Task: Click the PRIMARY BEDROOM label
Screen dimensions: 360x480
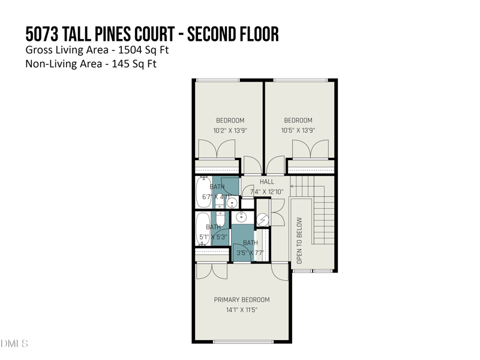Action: click(242, 300)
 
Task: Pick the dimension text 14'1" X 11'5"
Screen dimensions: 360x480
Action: click(242, 310)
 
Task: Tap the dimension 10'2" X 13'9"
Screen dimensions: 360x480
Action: click(230, 130)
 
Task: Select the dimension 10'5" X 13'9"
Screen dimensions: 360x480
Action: click(298, 130)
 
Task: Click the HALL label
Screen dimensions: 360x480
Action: click(267, 182)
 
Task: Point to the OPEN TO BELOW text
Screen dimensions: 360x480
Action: click(300, 241)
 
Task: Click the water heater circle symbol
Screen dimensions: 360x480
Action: click(262, 220)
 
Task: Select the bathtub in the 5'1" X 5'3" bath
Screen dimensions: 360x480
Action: click(203, 228)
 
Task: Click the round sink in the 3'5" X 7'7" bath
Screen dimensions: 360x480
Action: click(243, 217)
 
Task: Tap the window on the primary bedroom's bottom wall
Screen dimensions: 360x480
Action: click(243, 342)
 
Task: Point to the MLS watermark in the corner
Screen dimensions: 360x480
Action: click(14, 344)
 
